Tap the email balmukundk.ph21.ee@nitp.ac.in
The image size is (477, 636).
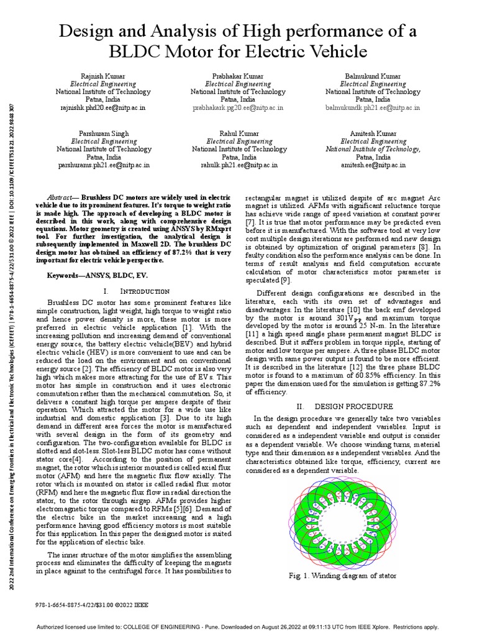[x=373, y=107]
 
